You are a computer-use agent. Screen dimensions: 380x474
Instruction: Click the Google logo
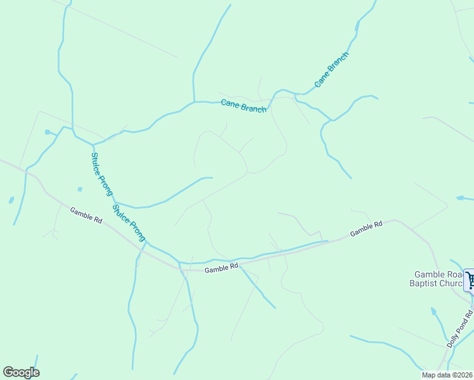21,372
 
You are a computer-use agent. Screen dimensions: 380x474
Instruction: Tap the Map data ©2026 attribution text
447,374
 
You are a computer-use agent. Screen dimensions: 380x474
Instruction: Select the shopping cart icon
470,279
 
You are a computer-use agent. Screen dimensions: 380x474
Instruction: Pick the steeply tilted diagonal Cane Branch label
331,70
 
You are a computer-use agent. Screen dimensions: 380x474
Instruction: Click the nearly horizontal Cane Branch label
244,106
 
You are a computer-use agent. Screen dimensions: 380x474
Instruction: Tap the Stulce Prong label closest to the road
129,222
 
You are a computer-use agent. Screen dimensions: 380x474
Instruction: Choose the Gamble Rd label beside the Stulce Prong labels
86,215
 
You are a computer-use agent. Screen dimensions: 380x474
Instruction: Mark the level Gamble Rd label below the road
221,269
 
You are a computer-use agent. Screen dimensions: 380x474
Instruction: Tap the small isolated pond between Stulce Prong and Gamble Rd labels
79,189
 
